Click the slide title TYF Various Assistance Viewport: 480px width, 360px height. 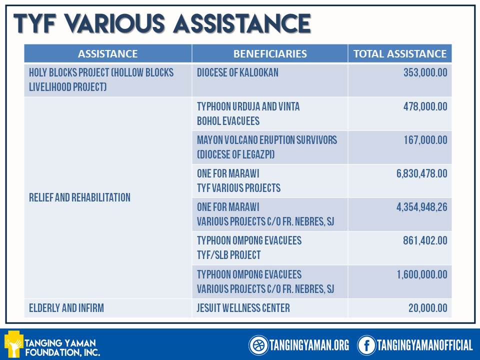162,24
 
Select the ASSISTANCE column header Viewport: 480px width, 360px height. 107,53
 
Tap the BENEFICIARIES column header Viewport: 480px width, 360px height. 270,53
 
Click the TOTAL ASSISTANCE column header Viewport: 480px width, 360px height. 400,53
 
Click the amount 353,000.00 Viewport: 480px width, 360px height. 425,73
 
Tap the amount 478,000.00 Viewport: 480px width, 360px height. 425,107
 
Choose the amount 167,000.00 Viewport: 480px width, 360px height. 425,140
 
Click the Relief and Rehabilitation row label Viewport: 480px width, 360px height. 80,197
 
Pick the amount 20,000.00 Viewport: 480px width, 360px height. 427,308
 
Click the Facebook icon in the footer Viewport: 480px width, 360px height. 366,345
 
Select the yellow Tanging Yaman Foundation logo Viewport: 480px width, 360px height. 13,344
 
